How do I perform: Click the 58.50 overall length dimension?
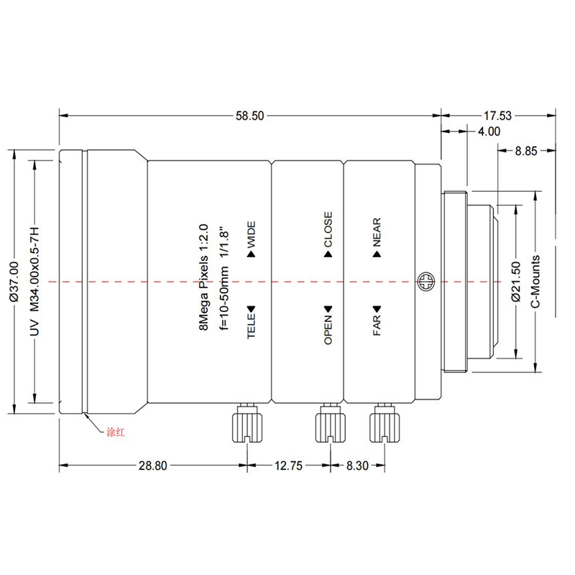249,116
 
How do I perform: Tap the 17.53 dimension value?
497,116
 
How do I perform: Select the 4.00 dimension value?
489,132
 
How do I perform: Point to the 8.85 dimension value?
526,151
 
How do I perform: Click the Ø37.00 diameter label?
14,282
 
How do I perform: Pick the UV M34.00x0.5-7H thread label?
34,282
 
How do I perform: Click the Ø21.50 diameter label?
515,282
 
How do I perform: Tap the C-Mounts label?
535,282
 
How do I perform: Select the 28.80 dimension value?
152,466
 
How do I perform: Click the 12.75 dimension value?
289,466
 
